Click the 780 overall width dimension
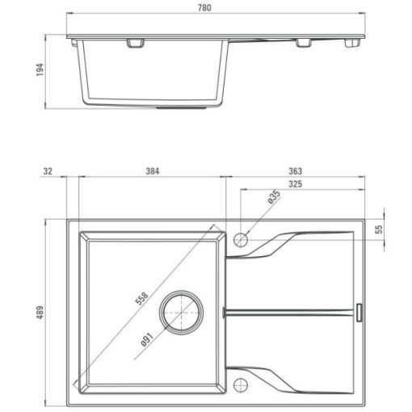[x=204, y=8]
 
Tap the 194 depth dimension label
[x=40, y=69]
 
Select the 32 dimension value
[x=48, y=171]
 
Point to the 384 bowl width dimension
[x=153, y=171]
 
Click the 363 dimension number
[x=295, y=171]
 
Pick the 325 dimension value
[x=295, y=184]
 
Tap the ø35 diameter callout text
[x=275, y=197]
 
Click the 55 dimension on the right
[x=379, y=229]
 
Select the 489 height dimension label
[x=40, y=313]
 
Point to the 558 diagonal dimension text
[x=141, y=298]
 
